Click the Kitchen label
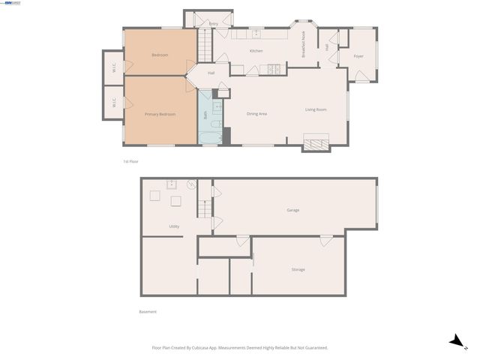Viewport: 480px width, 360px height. [256, 51]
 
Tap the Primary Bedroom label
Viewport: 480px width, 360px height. [160, 114]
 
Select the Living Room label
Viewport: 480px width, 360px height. [316, 110]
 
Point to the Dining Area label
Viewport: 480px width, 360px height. [257, 114]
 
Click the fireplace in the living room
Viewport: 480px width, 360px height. [316, 142]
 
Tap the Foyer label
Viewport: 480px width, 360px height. [358, 55]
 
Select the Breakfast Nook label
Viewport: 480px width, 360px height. [304, 49]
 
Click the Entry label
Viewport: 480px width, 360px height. [214, 24]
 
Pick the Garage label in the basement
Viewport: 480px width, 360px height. [292, 210]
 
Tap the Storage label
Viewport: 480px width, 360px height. [298, 269]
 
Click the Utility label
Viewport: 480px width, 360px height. [174, 226]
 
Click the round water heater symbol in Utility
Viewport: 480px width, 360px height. [191, 183]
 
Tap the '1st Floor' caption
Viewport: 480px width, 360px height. [131, 161]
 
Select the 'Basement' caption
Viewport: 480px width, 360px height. [148, 312]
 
